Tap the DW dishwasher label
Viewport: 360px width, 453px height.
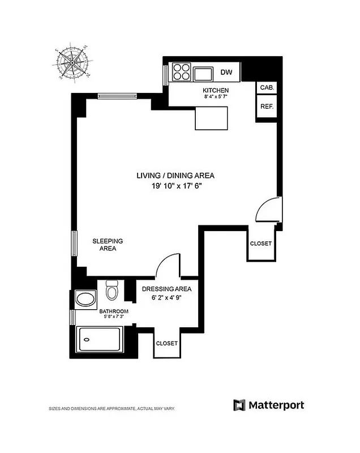[226, 72]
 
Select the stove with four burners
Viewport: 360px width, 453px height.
[181, 73]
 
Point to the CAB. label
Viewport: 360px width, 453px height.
[267, 88]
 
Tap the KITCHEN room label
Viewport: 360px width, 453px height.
[216, 91]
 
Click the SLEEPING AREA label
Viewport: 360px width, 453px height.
[108, 245]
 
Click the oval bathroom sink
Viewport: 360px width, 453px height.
[85, 298]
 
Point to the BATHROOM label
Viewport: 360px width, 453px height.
[114, 311]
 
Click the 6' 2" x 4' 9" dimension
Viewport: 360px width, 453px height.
[169, 297]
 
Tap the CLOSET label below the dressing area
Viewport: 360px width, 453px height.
[166, 344]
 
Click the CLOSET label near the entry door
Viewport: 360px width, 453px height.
[261, 243]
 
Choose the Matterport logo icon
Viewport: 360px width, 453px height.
[239, 405]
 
